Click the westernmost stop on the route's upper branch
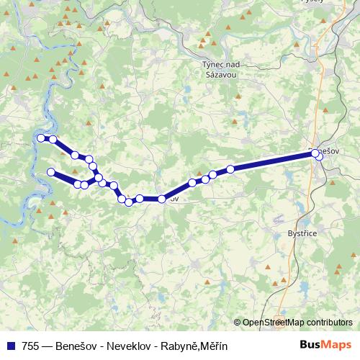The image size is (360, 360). click(41, 138)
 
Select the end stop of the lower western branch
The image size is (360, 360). click(51, 171)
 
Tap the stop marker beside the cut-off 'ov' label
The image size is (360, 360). click(162, 199)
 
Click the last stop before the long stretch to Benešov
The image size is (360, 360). click(230, 169)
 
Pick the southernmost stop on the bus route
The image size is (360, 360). click(129, 202)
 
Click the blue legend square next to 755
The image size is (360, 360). click(11, 346)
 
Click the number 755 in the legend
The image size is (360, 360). click(30, 346)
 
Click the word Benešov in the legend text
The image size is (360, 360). click(77, 346)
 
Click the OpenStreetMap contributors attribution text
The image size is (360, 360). click(297, 323)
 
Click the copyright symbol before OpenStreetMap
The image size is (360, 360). click(237, 323)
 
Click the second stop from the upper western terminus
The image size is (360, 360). click(53, 139)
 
